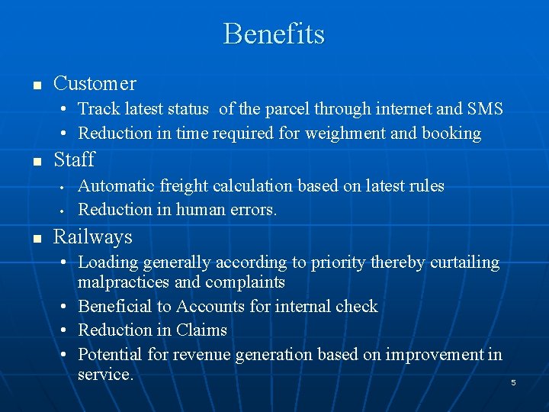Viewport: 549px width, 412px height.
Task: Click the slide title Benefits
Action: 274,34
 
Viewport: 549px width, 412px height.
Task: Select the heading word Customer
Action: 95,83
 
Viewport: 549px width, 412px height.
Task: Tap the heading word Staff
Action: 74,159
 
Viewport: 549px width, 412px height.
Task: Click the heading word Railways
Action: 92,237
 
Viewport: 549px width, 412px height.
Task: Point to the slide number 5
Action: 513,382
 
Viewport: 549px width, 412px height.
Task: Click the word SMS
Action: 485,109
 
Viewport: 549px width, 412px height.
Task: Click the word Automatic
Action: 116,185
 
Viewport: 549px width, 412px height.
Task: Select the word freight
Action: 182,186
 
